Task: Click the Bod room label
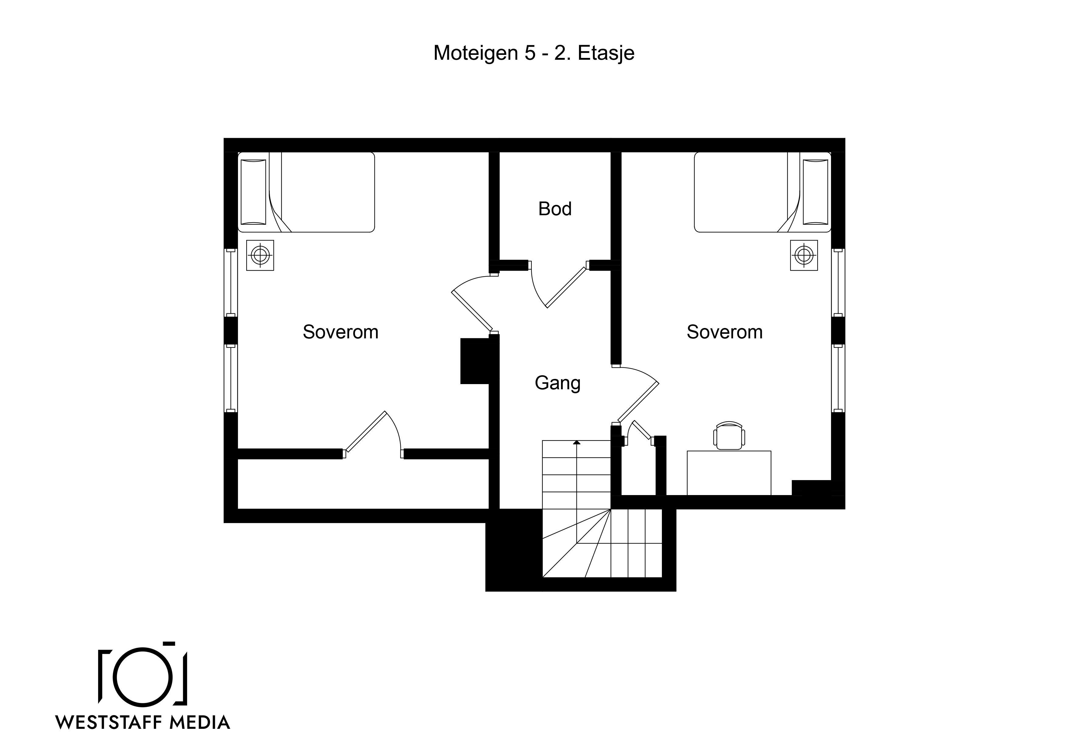pos(555,209)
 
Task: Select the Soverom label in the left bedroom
pos(340,332)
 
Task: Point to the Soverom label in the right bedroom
pos(724,332)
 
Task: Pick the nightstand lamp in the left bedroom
pos(260,255)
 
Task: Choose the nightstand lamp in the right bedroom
pos(804,255)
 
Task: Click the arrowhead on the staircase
pos(577,442)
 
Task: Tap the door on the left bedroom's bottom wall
pos(365,431)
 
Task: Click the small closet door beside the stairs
pos(641,430)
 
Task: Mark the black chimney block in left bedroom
pos(475,361)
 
